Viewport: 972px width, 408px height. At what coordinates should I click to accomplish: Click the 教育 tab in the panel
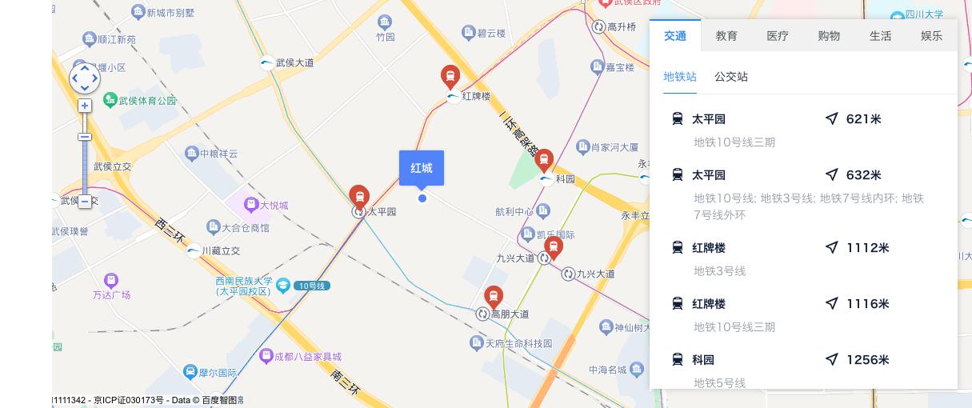click(726, 36)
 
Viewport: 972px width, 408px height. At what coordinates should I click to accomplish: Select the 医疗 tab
click(778, 36)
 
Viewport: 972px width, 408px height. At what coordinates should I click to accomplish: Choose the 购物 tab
click(829, 36)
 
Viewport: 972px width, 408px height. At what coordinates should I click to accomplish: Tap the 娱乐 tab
click(931, 36)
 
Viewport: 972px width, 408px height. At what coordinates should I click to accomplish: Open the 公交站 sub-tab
click(731, 77)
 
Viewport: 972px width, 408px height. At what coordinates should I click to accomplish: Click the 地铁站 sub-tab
click(680, 77)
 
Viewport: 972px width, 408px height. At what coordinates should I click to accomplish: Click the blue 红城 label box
click(422, 168)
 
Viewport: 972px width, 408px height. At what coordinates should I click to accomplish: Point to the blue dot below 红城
click(422, 198)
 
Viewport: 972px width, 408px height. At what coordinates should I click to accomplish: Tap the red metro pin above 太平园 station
click(359, 195)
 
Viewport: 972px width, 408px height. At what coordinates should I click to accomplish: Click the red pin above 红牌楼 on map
click(450, 77)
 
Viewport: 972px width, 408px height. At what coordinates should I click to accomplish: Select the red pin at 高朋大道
click(494, 297)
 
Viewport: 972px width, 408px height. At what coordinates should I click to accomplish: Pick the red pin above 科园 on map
click(544, 160)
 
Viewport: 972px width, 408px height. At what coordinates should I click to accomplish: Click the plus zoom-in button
click(85, 106)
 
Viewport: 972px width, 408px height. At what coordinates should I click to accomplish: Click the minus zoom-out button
click(85, 202)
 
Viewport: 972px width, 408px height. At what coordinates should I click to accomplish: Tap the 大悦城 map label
click(273, 206)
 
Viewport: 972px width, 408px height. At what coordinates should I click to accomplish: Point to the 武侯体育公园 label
click(147, 101)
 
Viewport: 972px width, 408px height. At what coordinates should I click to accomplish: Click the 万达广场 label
click(111, 295)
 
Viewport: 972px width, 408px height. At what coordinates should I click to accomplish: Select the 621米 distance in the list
click(863, 119)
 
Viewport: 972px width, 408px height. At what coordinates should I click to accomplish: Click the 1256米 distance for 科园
click(867, 360)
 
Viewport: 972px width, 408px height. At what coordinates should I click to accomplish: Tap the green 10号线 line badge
click(311, 286)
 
